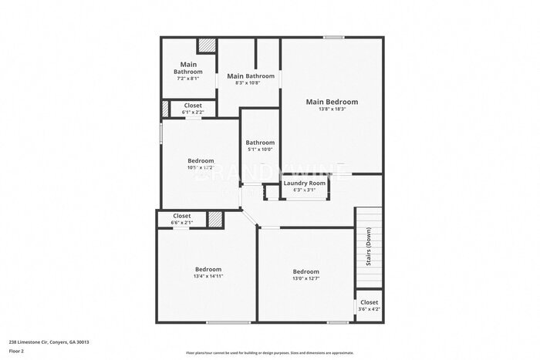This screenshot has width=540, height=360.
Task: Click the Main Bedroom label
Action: (x=332, y=102)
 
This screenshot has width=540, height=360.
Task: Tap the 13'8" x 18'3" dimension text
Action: (x=332, y=109)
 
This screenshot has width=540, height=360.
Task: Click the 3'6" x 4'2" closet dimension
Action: (x=369, y=309)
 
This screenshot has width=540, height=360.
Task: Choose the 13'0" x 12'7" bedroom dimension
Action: (x=305, y=279)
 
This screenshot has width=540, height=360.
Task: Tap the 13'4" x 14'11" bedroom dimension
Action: (x=208, y=276)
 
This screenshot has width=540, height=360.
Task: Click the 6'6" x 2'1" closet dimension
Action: (x=182, y=223)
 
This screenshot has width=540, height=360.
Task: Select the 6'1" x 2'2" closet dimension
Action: (x=192, y=113)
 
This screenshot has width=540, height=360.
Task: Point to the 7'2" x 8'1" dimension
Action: (x=188, y=78)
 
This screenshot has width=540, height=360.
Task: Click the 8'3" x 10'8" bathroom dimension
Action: (x=250, y=83)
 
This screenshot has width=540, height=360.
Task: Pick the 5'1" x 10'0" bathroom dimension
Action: (x=260, y=150)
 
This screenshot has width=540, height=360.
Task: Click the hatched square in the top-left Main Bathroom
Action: (x=207, y=45)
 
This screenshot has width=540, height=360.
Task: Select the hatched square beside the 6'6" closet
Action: (x=215, y=219)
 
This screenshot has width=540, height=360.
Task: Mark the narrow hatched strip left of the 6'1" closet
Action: (x=164, y=109)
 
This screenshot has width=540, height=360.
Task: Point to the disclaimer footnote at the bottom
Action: (x=269, y=352)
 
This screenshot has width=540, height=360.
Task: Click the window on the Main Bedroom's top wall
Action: (x=333, y=37)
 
